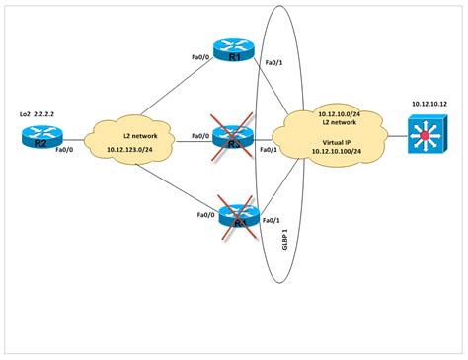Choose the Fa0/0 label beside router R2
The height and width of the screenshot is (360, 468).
63,151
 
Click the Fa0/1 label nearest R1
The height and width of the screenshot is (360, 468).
273,65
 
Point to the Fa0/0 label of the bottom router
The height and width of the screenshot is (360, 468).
205,214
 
